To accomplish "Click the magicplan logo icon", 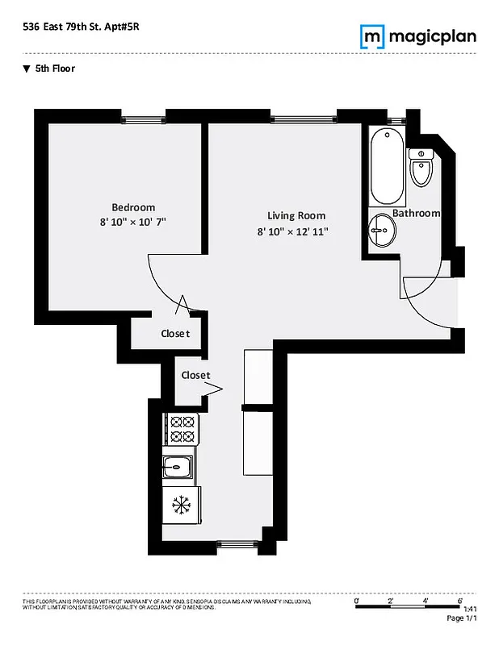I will (x=371, y=37).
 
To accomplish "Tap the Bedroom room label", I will (x=133, y=207).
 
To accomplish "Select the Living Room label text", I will (x=296, y=215).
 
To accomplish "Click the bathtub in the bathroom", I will (x=388, y=168).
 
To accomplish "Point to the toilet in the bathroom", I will (x=420, y=169).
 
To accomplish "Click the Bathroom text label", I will (x=417, y=213).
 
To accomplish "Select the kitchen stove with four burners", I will (x=182, y=429).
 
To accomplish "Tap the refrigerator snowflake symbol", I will (x=182, y=506).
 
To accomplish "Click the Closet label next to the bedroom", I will (x=175, y=333).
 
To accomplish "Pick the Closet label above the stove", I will (x=195, y=375).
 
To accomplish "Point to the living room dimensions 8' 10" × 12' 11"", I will (x=293, y=231).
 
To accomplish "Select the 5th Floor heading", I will (x=54, y=69).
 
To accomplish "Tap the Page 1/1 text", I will (x=463, y=618).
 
